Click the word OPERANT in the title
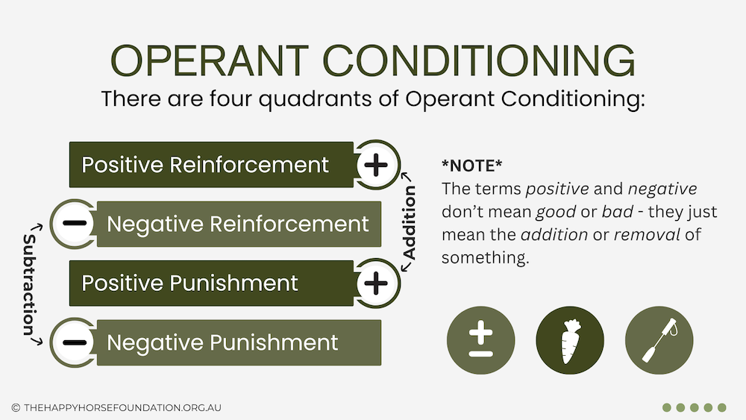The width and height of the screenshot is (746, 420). [210, 61]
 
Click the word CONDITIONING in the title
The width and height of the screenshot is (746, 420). [479, 61]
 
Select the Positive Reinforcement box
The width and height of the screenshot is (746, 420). [211, 165]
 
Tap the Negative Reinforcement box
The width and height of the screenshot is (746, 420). [239, 224]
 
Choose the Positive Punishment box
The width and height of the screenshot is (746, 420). [211, 283]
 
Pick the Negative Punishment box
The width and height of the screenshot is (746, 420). [239, 342]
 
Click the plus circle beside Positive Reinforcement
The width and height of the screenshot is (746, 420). [376, 165]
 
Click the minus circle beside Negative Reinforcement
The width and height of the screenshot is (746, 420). [74, 224]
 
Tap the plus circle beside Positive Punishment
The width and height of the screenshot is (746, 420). [376, 283]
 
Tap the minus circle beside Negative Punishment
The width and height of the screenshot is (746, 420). [74, 342]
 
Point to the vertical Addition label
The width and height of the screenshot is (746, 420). [409, 222]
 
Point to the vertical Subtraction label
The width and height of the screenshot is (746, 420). [30, 284]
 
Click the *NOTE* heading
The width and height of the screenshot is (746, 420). [471, 166]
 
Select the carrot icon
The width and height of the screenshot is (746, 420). [570, 341]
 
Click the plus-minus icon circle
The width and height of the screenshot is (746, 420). [481, 341]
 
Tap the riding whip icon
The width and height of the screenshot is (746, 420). [659, 341]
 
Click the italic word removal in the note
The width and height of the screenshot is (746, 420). [647, 234]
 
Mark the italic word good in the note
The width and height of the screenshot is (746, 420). [556, 212]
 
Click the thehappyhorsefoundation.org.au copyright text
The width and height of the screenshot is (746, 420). [116, 407]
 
